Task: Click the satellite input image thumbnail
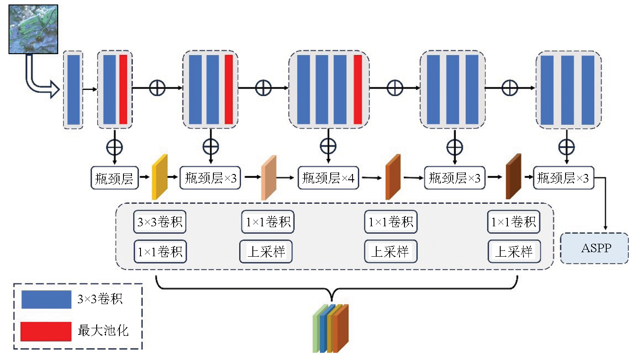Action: [x=34, y=29]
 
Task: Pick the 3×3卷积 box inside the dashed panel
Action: [x=160, y=222]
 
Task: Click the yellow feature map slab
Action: [x=160, y=177]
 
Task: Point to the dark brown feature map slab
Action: [x=514, y=176]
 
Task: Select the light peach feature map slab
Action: [x=269, y=177]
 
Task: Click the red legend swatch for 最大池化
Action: [x=46, y=331]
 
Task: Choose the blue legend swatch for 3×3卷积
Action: [x=46, y=300]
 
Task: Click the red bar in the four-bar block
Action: [x=357, y=89]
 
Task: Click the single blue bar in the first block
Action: [x=73, y=89]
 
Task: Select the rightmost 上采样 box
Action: [x=514, y=252]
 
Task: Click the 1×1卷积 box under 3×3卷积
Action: [x=160, y=252]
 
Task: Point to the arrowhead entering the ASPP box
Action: [x=605, y=229]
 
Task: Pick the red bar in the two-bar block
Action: [x=123, y=89]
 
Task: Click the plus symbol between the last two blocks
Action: [x=509, y=88]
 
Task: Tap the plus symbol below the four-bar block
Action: [x=328, y=145]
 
